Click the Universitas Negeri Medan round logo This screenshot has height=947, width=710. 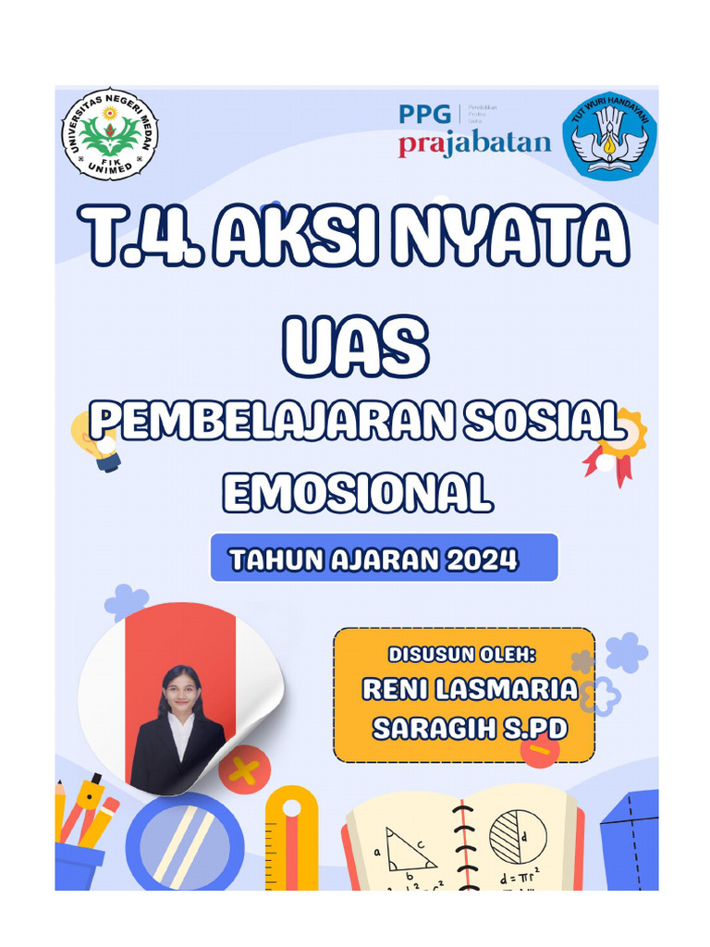(x=110, y=133)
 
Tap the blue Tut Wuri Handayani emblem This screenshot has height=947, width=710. (x=609, y=135)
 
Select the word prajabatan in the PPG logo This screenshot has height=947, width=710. (x=474, y=144)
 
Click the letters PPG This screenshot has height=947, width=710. (x=425, y=115)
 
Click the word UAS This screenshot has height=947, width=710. (x=355, y=346)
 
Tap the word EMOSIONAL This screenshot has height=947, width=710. (x=357, y=492)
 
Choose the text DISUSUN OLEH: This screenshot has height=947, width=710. (x=462, y=655)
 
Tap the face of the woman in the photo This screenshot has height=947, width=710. (x=181, y=689)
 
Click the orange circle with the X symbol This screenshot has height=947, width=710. (x=243, y=770)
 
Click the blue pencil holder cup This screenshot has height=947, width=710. (x=80, y=866)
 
